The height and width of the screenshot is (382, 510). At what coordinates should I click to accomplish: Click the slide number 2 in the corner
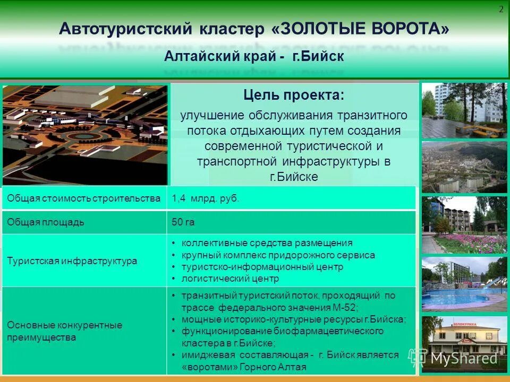click(x=501, y=10)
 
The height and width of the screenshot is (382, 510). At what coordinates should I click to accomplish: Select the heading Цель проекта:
click(x=293, y=96)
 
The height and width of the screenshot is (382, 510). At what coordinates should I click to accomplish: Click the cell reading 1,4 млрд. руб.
click(x=205, y=198)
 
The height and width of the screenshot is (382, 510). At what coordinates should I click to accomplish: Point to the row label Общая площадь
click(x=46, y=222)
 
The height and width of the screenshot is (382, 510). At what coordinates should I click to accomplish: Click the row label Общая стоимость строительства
click(x=84, y=198)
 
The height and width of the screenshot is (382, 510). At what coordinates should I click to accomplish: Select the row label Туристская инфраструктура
click(x=72, y=261)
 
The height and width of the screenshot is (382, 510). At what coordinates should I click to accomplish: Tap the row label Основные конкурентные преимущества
click(x=65, y=331)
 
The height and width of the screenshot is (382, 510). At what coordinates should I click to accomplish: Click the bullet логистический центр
click(x=230, y=279)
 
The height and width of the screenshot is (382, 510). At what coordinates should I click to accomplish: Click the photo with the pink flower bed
click(x=464, y=225)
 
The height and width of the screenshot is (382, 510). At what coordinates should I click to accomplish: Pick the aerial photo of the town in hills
click(x=464, y=167)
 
